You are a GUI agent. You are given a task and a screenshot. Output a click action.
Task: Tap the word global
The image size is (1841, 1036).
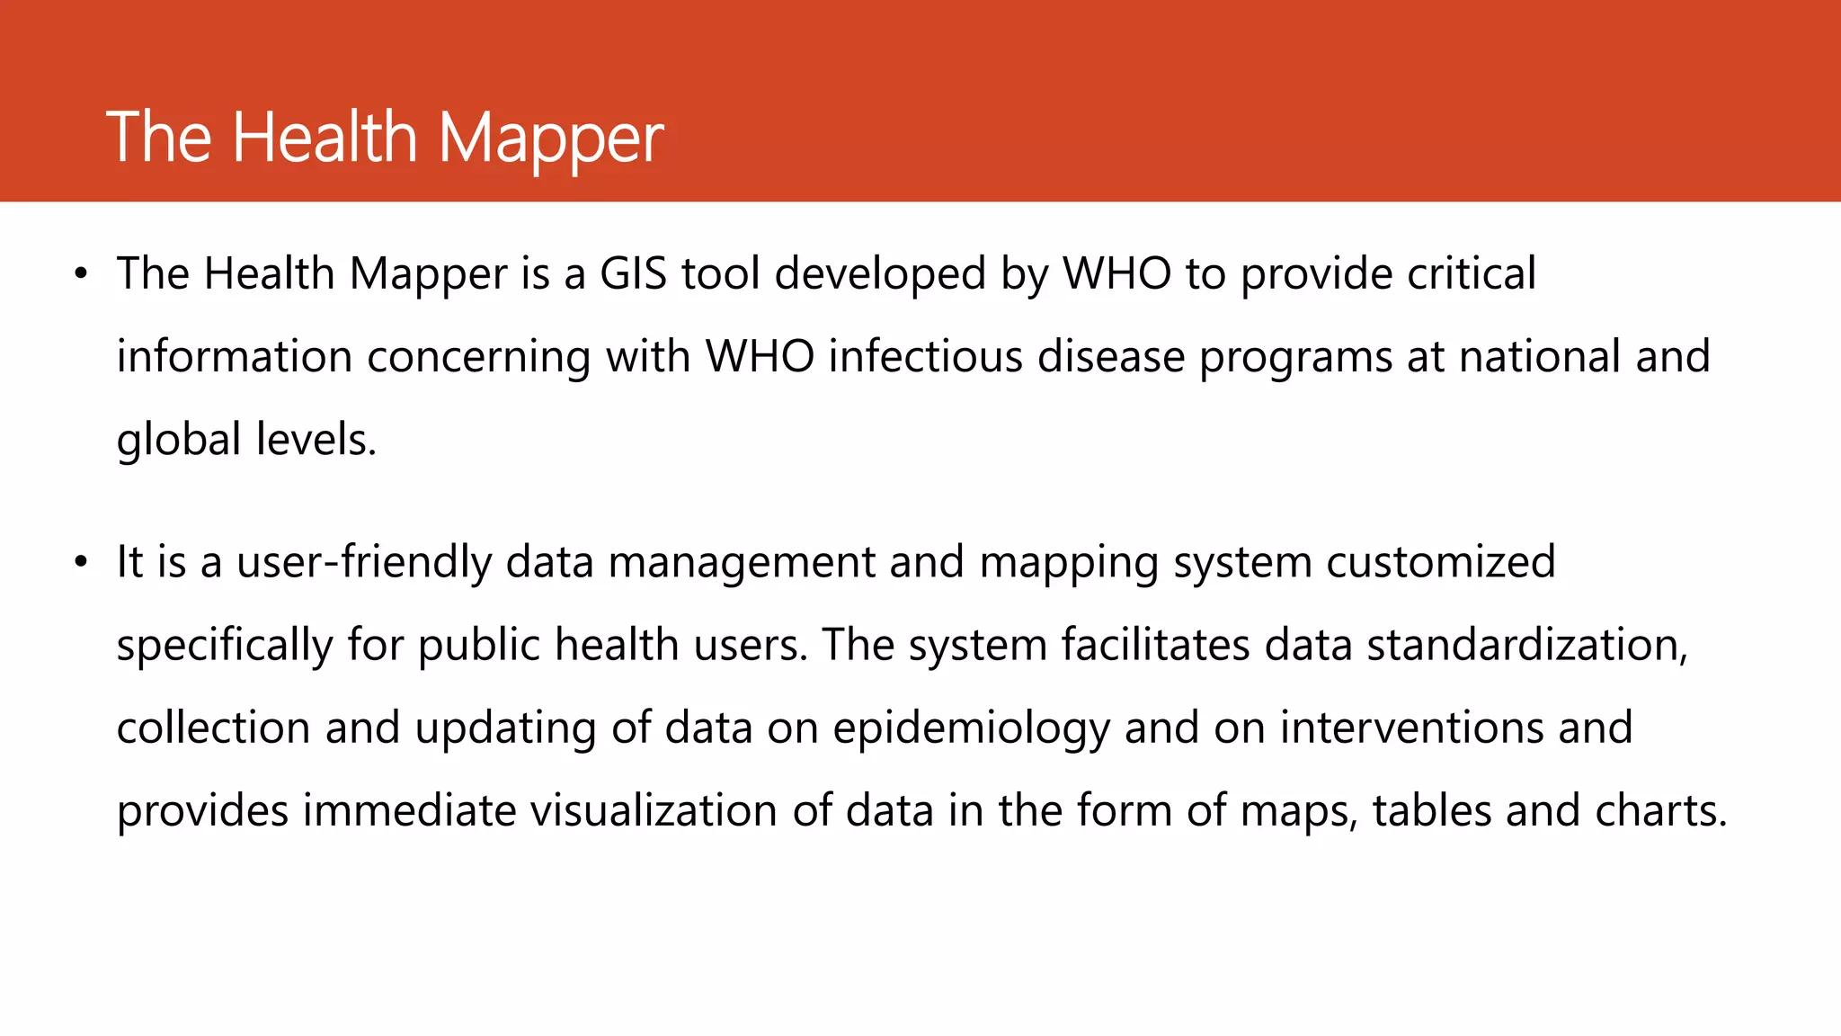coord(179,441)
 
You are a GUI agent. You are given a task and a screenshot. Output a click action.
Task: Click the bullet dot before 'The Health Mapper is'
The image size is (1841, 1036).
coord(81,273)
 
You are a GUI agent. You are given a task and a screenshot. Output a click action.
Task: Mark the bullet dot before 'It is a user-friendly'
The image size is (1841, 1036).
coord(81,562)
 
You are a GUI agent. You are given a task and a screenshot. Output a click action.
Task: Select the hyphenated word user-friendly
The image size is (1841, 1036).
coord(364,563)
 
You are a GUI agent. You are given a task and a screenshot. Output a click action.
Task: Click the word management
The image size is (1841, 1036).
coord(741,563)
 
